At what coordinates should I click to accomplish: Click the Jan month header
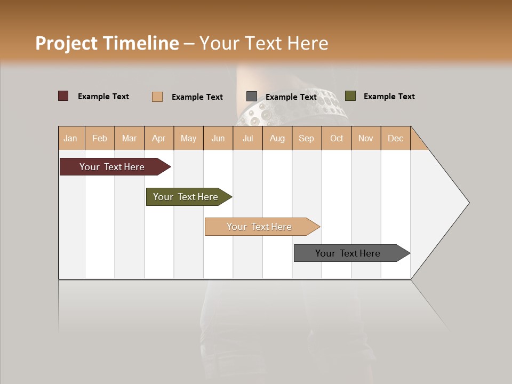(x=70, y=138)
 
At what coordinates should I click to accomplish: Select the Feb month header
(x=100, y=138)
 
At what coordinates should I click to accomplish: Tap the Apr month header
(x=159, y=138)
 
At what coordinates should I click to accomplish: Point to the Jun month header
(x=218, y=138)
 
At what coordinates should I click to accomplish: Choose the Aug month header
(x=277, y=138)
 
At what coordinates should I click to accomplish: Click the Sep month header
(x=306, y=138)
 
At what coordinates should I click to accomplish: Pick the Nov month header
(x=366, y=138)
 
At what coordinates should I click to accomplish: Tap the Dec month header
(x=395, y=138)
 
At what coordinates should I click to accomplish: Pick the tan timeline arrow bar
(x=260, y=227)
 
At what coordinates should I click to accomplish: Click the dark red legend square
(x=63, y=96)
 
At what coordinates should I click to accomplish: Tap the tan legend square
(x=157, y=97)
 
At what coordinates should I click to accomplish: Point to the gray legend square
(x=252, y=97)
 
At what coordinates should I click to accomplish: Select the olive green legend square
(x=350, y=96)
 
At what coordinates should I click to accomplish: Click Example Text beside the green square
(x=389, y=97)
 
